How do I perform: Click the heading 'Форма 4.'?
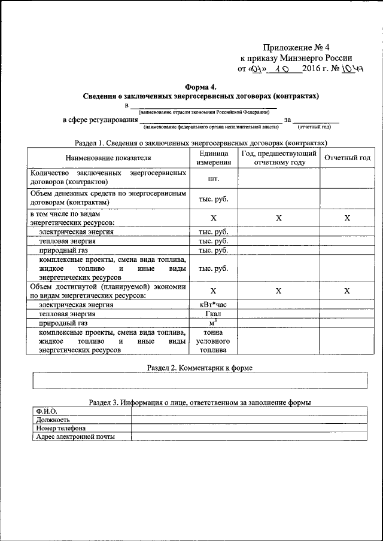[200, 86]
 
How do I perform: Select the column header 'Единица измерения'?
[214, 158]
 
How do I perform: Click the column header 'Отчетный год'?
[347, 158]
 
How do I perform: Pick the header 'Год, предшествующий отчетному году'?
[279, 158]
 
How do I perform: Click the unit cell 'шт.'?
[213, 179]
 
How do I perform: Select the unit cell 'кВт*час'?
[213, 304]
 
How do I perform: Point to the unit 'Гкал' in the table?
[213, 314]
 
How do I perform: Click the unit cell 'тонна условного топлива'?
[213, 341]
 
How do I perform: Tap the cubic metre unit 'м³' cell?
[213, 323]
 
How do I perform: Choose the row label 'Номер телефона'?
[60, 428]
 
